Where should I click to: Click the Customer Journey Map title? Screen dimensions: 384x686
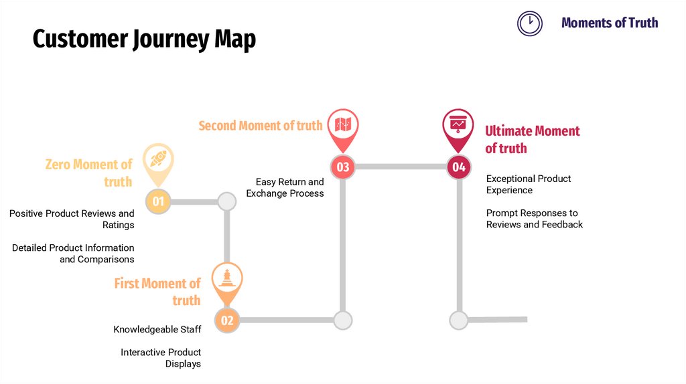tap(144, 39)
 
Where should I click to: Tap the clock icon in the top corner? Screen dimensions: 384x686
tap(529, 23)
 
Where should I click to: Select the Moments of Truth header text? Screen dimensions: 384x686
tap(610, 23)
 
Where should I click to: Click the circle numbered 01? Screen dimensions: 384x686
tap(158, 201)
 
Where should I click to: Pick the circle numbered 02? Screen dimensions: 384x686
tap(227, 320)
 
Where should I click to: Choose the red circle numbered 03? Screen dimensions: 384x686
tap(343, 167)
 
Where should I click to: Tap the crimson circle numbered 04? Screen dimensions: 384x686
tap(459, 167)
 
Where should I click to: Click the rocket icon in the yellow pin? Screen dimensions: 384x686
tap(158, 159)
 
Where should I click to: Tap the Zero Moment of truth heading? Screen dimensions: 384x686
tap(89, 173)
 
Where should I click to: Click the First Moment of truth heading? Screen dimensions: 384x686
tap(157, 292)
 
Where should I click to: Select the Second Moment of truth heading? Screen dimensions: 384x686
tap(261, 125)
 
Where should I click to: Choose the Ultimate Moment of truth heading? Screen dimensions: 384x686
tap(532, 139)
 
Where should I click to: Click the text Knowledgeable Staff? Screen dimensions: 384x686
tap(157, 329)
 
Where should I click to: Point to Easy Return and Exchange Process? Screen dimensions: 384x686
tap(285, 187)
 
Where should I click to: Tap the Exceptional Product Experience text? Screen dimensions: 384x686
tap(529, 184)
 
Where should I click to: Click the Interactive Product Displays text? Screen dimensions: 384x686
tap(161, 358)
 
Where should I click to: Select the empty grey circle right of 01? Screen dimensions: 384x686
tap(227, 201)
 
